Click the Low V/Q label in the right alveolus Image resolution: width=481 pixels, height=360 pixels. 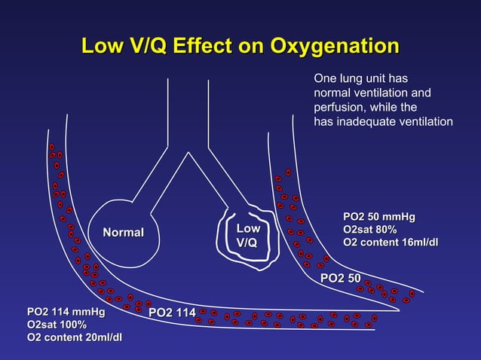(248, 236)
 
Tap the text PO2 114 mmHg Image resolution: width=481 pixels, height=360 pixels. (66, 311)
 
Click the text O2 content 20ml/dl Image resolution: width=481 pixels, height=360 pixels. (75, 337)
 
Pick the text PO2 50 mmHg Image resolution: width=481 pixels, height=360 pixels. (378, 217)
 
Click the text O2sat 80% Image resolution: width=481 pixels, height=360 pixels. (369, 229)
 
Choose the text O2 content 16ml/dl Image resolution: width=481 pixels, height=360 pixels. (390, 242)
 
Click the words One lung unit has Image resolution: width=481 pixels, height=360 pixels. (360, 78)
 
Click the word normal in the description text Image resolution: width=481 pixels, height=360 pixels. (332, 93)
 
